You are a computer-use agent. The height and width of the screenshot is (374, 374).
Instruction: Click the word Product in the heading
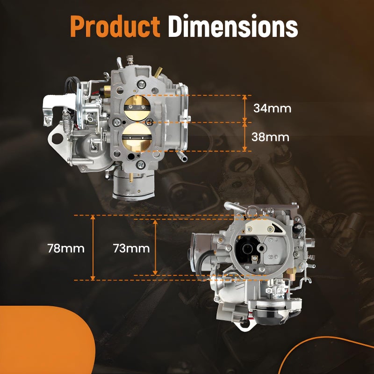pyautogui.click(x=115, y=26)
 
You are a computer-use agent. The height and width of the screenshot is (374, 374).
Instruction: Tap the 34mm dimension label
pyautogui.click(x=272, y=108)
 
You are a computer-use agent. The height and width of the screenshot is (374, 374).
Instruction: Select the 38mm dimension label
pyautogui.click(x=270, y=137)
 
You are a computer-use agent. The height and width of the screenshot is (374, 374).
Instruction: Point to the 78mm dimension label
pyautogui.click(x=66, y=248)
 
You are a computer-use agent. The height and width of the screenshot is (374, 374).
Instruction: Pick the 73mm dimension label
pyautogui.click(x=131, y=248)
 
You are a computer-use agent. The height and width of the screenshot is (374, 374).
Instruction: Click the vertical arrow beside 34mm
pyautogui.click(x=245, y=109)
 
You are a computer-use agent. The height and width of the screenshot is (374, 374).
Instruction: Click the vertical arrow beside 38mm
pyautogui.click(x=245, y=137)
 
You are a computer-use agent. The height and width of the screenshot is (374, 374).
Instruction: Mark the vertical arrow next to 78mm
pyautogui.click(x=93, y=248)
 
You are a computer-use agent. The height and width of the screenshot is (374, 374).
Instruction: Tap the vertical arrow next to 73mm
pyautogui.click(x=155, y=247)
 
